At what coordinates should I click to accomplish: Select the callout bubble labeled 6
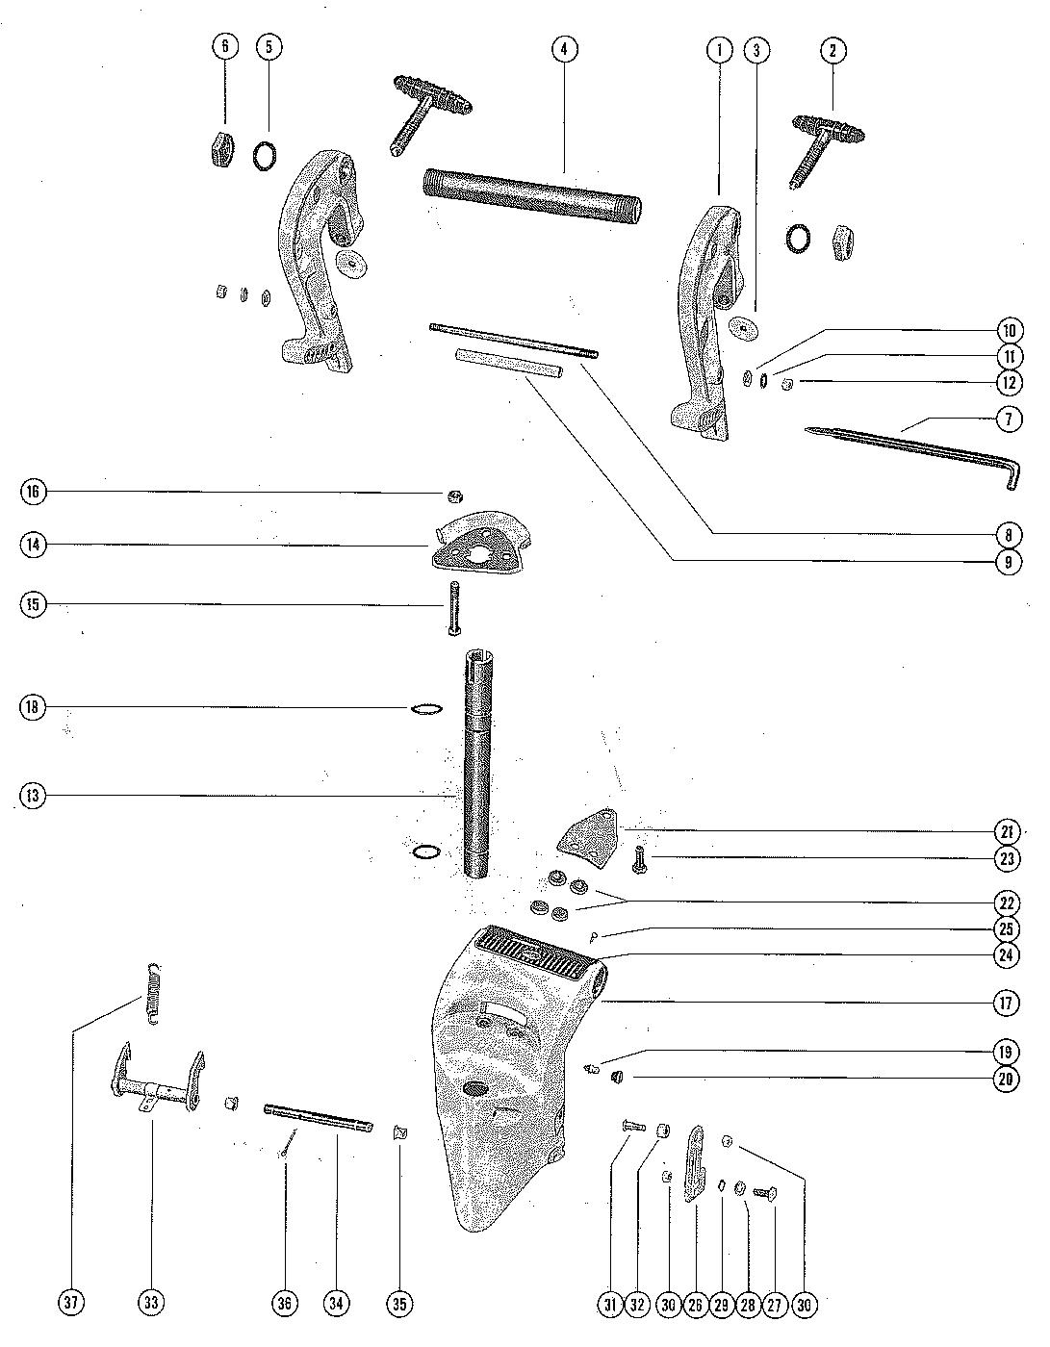point(225,48)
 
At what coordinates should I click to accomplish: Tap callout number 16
point(34,493)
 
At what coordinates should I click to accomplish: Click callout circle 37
point(72,1304)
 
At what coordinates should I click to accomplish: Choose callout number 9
point(1008,561)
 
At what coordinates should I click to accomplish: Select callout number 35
point(399,1304)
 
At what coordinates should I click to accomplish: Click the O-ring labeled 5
point(267,154)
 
